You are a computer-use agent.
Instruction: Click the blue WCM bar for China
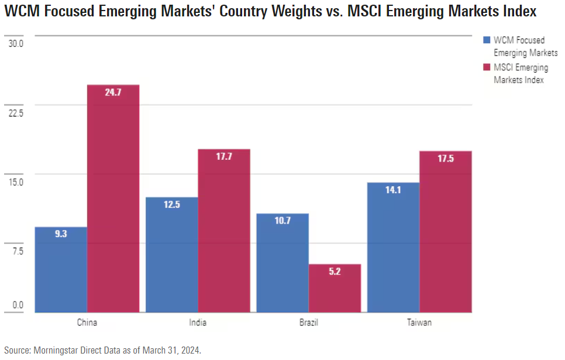[61, 269]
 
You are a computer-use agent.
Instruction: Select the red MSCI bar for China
[113, 199]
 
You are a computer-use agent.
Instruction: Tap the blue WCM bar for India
[171, 255]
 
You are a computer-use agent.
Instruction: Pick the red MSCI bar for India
[223, 231]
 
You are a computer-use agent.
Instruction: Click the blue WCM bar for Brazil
[282, 263]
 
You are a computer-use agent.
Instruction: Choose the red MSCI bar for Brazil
[335, 288]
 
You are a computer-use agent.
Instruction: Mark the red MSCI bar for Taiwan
[446, 232]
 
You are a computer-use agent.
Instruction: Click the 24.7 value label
[113, 92]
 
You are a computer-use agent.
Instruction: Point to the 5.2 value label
[335, 272]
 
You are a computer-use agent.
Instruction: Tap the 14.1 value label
[393, 190]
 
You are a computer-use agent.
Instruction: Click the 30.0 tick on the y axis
[16, 43]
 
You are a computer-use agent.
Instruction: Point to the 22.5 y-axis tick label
[16, 113]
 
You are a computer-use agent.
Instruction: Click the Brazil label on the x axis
[308, 323]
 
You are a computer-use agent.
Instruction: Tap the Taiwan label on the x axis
[419, 323]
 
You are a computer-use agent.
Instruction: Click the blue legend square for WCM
[486, 40]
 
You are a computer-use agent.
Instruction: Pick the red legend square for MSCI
[486, 68]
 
